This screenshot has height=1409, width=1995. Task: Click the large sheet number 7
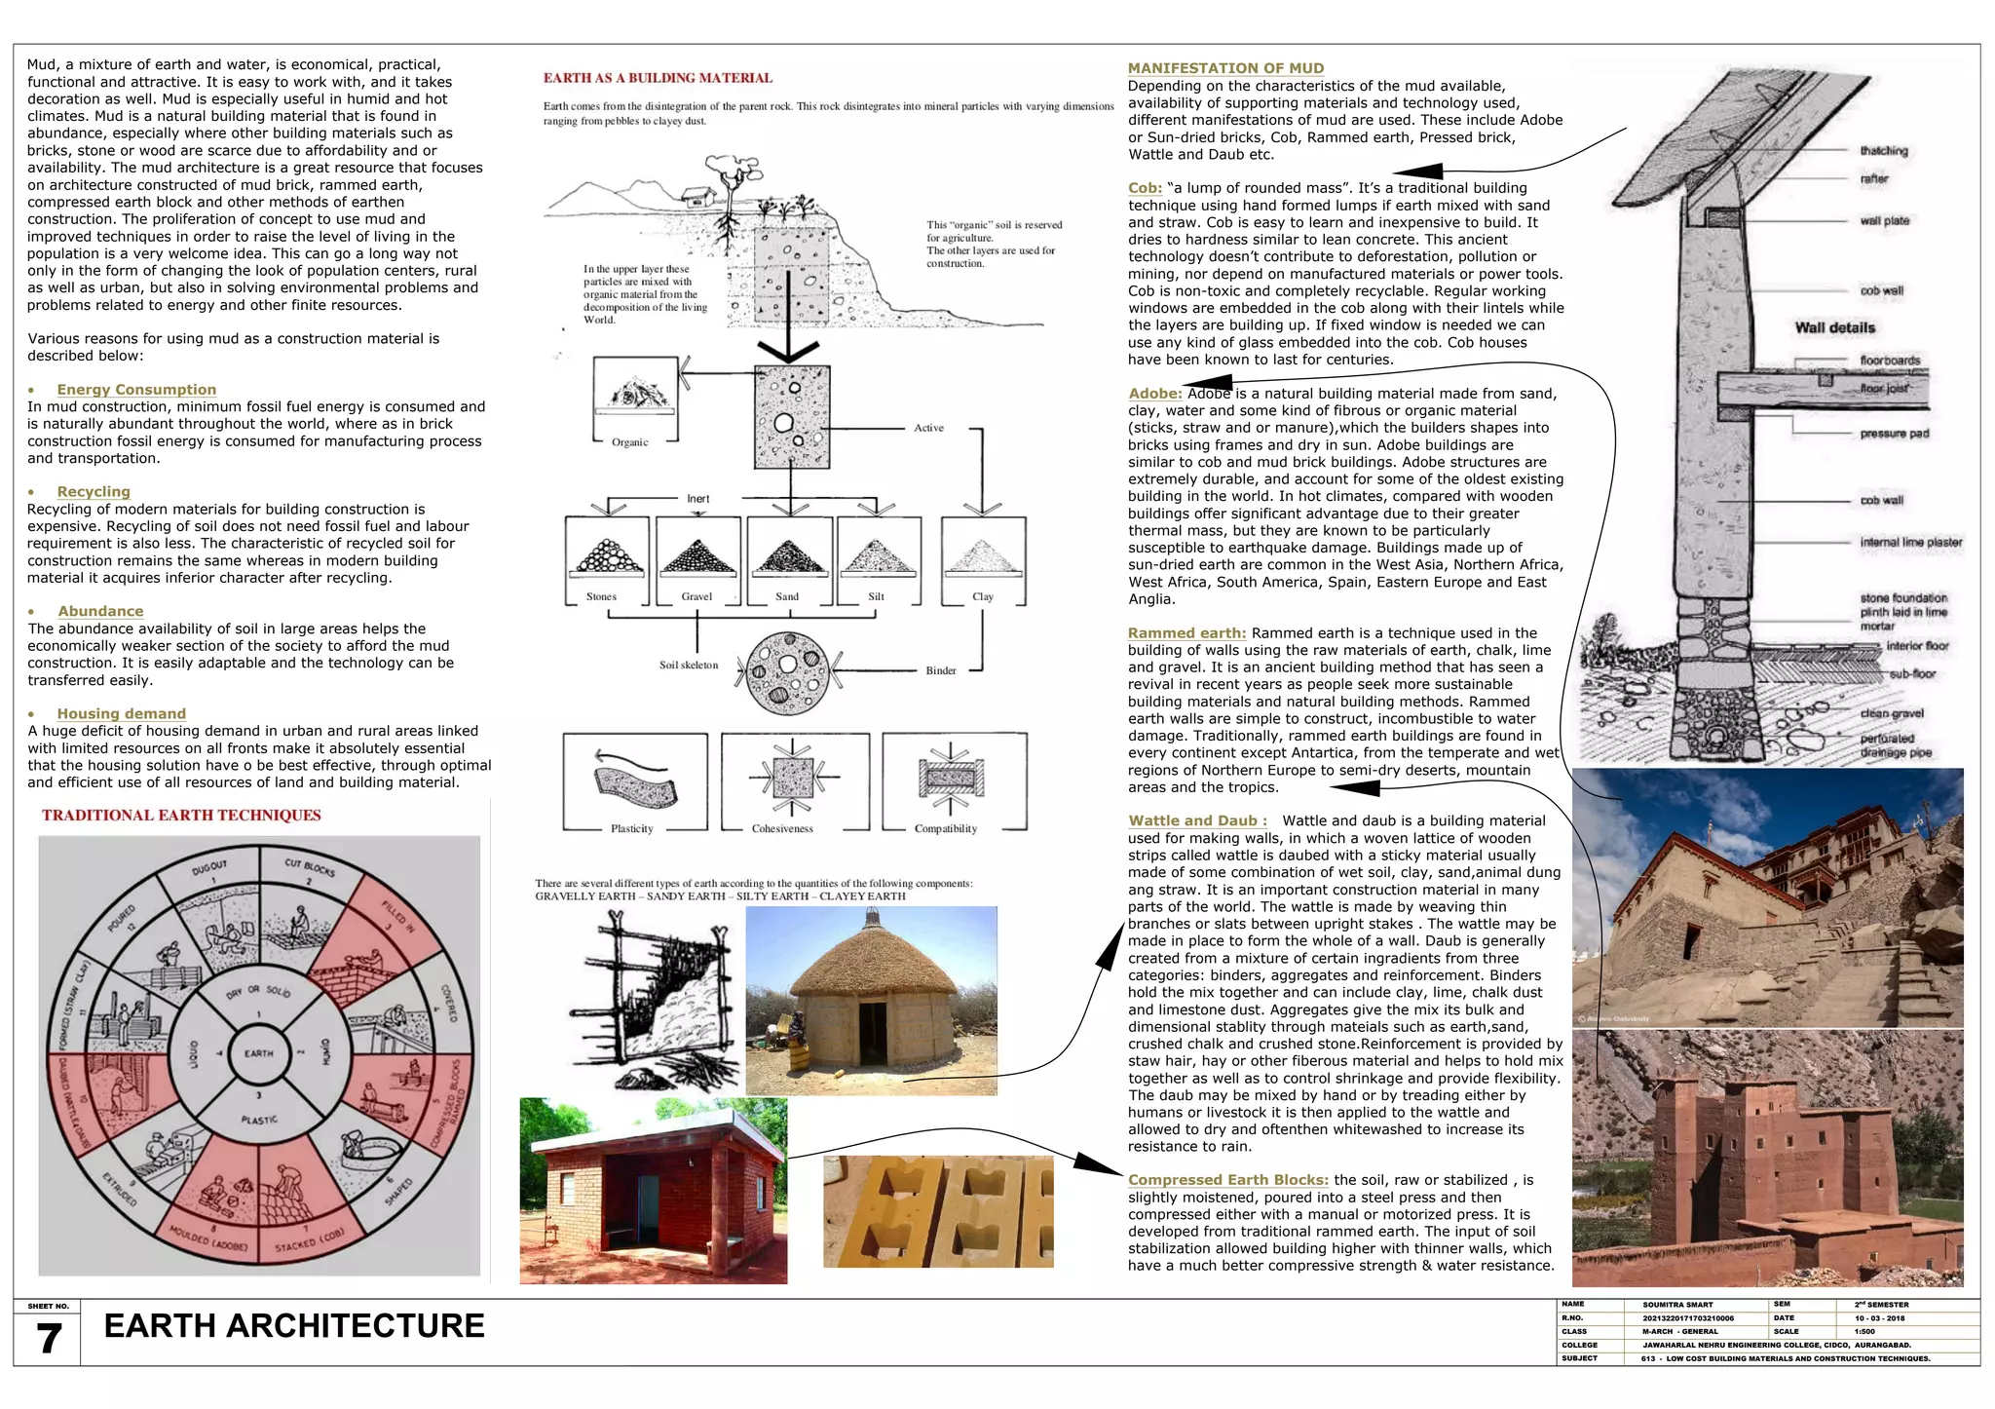click(x=49, y=1339)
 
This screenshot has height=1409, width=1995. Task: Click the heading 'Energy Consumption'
click(x=136, y=390)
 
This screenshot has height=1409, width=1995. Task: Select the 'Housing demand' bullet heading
click(x=121, y=714)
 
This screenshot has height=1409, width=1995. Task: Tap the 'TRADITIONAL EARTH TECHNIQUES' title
click(x=181, y=816)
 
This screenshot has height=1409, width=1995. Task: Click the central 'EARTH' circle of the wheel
click(x=259, y=1053)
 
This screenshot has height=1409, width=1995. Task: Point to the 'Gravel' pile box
click(x=697, y=562)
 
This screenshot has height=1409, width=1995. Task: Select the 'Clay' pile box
click(x=983, y=562)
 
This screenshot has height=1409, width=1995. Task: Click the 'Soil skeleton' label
click(x=689, y=666)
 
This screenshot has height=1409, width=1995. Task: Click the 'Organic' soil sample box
click(x=635, y=400)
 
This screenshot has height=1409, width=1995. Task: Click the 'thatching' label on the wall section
click(x=1884, y=151)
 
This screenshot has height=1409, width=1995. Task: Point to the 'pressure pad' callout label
click(x=1894, y=434)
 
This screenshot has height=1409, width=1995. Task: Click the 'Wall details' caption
click(x=1834, y=328)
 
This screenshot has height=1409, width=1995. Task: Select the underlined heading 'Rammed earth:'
click(x=1186, y=633)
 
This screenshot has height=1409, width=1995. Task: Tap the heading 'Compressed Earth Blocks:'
click(x=1227, y=1180)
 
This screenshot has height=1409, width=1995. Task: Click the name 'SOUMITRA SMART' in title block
click(x=1677, y=1305)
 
